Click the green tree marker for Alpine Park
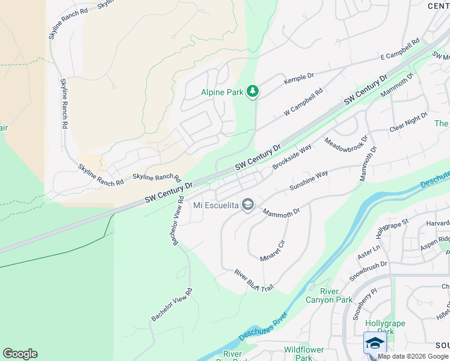pyautogui.click(x=253, y=91)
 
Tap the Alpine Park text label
pyautogui.click(x=221, y=92)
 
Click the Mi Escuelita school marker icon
pyautogui.click(x=247, y=205)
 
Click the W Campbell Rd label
pyautogui.click(x=304, y=103)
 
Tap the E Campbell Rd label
pyautogui.click(x=399, y=51)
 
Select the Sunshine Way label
pyautogui.click(x=309, y=180)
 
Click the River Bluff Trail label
pyautogui.click(x=254, y=281)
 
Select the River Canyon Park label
pyautogui.click(x=328, y=295)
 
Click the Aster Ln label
pyautogui.click(x=369, y=252)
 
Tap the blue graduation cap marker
pyautogui.click(x=375, y=343)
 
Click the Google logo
pyautogui.click(x=20, y=354)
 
